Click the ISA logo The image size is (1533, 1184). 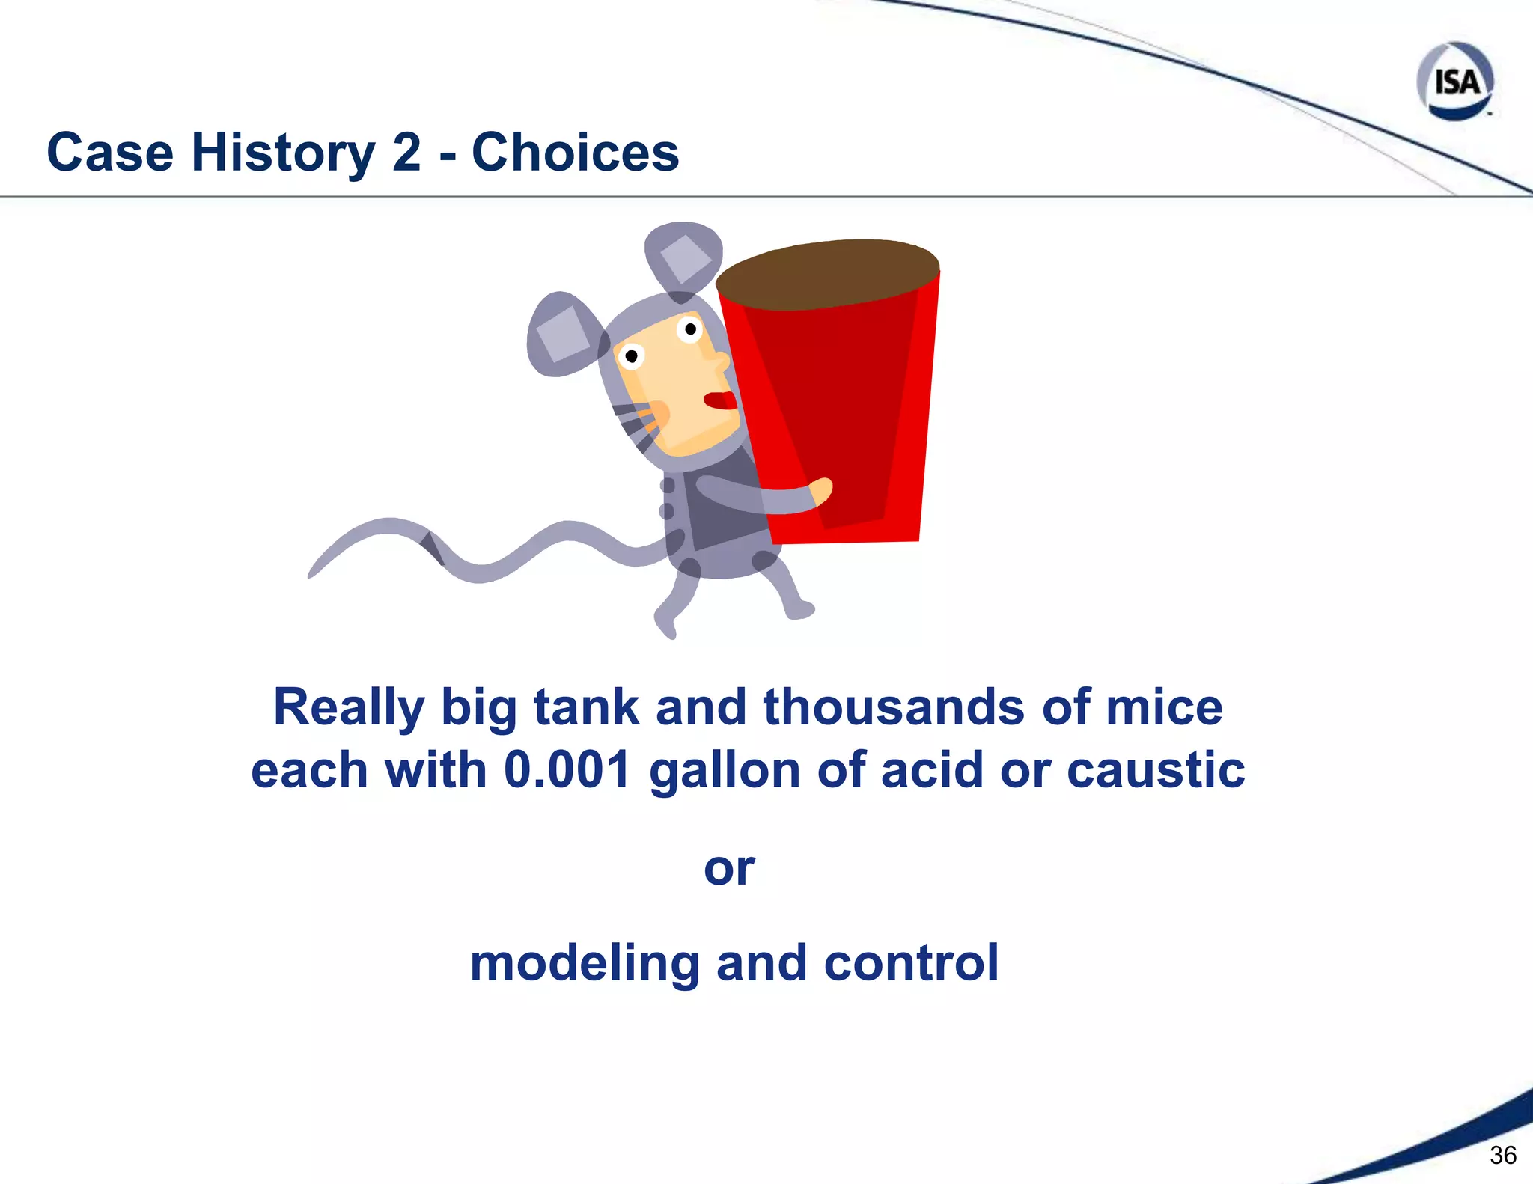point(1455,81)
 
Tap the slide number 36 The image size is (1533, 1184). point(1502,1155)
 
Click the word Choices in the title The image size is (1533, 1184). point(575,153)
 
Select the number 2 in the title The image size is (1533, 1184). point(406,153)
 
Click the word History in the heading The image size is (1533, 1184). point(283,153)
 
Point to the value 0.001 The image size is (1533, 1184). point(567,770)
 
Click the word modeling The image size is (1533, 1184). point(584,963)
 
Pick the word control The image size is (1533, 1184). point(911,963)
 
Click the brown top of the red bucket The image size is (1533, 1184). point(827,273)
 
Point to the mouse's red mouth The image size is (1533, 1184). point(720,400)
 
